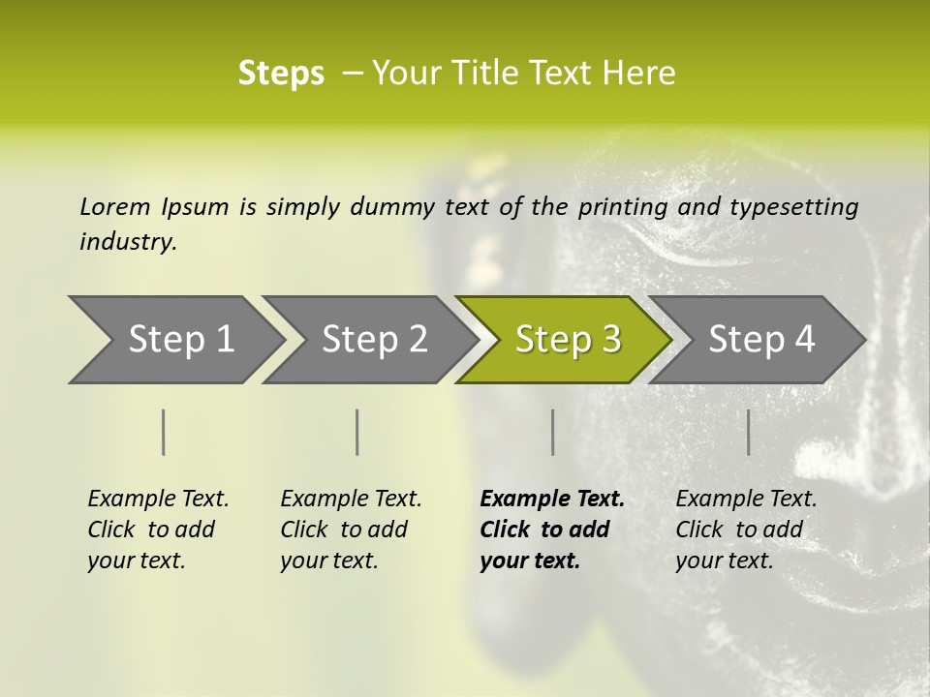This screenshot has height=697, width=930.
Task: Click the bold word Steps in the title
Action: click(x=281, y=74)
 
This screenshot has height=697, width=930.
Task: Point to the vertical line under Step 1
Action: click(x=163, y=432)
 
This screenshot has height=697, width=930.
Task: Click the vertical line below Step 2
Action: click(x=357, y=432)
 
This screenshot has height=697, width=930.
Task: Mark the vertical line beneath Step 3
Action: click(x=552, y=432)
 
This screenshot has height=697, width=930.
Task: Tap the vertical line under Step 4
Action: click(x=748, y=432)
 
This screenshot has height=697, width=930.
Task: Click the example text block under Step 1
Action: click(x=158, y=530)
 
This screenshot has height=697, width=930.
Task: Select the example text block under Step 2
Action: click(x=351, y=530)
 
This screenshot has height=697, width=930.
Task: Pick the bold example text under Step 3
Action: click(x=552, y=530)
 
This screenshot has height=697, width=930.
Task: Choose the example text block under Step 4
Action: click(x=746, y=530)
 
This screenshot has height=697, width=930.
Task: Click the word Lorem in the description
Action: click(x=114, y=207)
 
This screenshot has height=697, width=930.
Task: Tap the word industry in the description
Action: click(x=128, y=242)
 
